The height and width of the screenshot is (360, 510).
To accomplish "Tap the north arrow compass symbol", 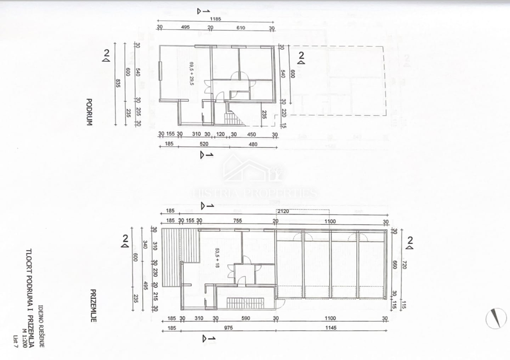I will pos(496,318).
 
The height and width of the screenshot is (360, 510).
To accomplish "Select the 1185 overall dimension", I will pos(215,20).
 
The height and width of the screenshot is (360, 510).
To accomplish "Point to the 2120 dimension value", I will pos(283,211).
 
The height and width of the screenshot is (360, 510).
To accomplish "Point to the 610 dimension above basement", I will pos(241,28).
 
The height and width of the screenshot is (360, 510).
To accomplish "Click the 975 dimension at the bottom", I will pos(228,328).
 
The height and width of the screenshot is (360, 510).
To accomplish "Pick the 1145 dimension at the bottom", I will pos(331,328).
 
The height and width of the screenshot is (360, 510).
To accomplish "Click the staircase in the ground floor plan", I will pos(246,303).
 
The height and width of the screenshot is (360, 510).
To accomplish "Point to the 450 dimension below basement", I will pos(252,135).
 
